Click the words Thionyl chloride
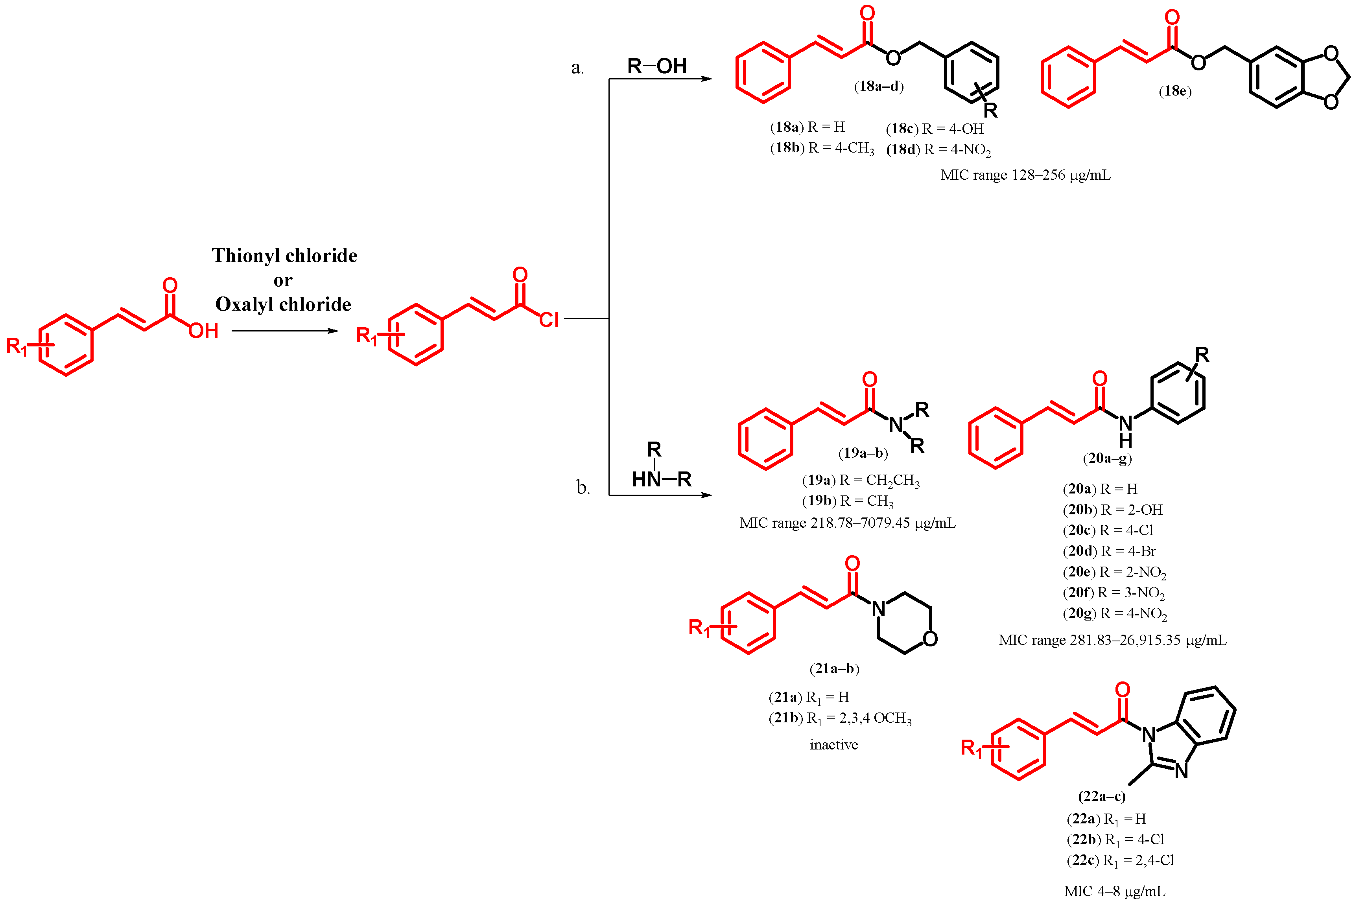pyautogui.click(x=284, y=256)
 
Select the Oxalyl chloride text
pyautogui.click(x=283, y=304)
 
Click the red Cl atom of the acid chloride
pyautogui.click(x=549, y=320)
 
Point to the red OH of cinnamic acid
pyautogui.click(x=203, y=331)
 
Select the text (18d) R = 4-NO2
pyautogui.click(x=938, y=150)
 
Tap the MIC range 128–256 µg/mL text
pyautogui.click(x=1025, y=175)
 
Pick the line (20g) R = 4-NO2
pyautogui.click(x=1115, y=613)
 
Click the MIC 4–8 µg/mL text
pyautogui.click(x=1114, y=891)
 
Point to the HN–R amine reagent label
pyautogui.click(x=661, y=479)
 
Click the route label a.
pyautogui.click(x=577, y=68)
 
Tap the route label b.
pyautogui.click(x=583, y=488)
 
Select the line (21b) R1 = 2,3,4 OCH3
pyautogui.click(x=839, y=718)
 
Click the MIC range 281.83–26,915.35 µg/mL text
pyautogui.click(x=1112, y=641)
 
